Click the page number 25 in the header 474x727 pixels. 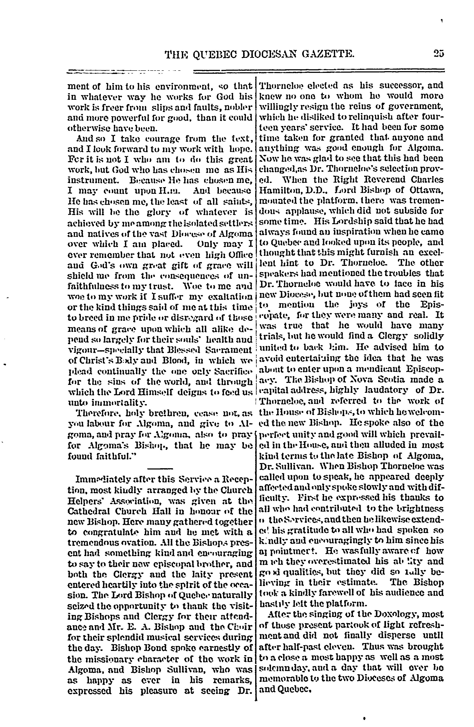[438, 54]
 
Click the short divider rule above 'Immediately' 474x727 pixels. [160, 468]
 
